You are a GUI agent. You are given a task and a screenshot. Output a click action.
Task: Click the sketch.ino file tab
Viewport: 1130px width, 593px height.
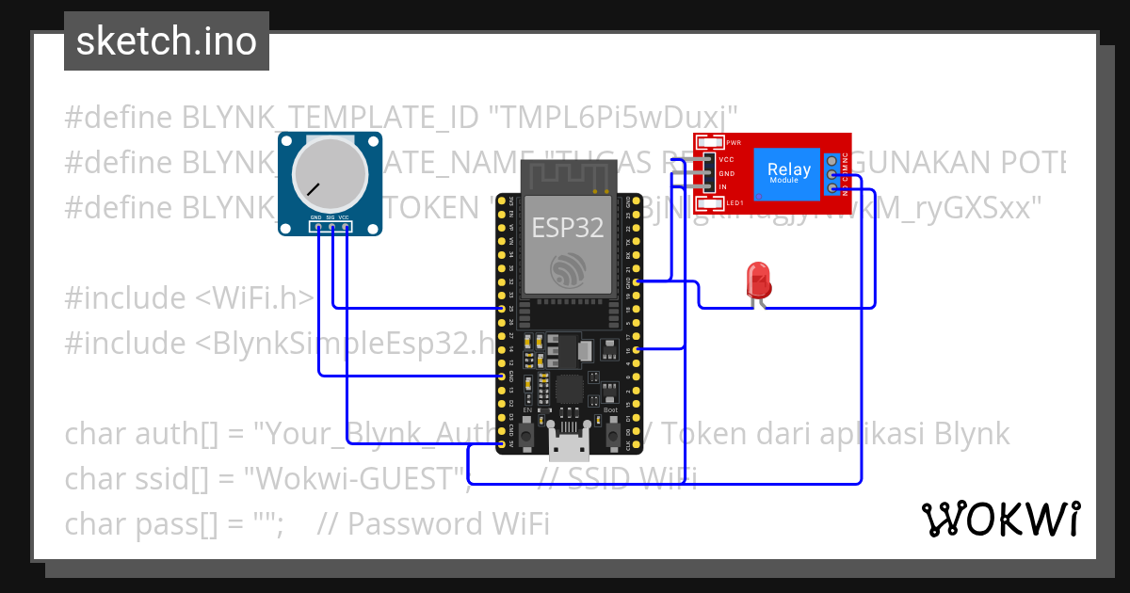167,41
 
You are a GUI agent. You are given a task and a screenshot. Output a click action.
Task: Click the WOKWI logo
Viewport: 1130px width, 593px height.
1000,519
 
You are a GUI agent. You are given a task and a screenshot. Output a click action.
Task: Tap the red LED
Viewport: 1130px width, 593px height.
758,280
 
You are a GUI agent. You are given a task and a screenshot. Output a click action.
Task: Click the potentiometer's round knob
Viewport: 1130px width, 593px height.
330,174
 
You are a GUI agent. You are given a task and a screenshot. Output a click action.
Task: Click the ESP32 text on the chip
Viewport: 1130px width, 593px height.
567,228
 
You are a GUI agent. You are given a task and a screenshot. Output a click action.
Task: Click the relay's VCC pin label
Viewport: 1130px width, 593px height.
726,160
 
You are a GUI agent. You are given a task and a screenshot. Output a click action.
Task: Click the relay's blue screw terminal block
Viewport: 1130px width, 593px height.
831,174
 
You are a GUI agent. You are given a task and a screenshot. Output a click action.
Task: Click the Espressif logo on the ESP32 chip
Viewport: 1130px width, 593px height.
567,272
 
